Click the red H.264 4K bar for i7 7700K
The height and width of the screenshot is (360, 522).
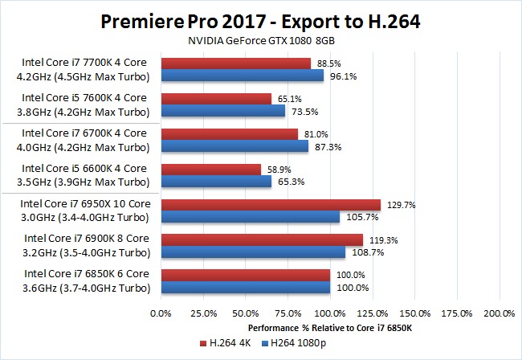point(236,63)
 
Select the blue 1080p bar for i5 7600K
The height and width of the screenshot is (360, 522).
point(223,111)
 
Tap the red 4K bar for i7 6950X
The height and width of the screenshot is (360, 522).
point(271,205)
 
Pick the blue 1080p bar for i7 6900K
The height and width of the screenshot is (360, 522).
point(253,252)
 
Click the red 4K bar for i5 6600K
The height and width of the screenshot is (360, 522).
point(211,170)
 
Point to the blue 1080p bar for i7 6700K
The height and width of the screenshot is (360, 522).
point(234,146)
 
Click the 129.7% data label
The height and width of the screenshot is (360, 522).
point(400,205)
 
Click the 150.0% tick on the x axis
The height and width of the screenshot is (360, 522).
point(414,313)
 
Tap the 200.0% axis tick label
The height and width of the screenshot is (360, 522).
point(500,313)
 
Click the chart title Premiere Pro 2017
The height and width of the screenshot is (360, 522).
point(261,20)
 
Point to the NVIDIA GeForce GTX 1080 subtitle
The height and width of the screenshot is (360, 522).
point(261,40)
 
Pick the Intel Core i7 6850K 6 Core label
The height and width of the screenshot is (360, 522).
point(85,273)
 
